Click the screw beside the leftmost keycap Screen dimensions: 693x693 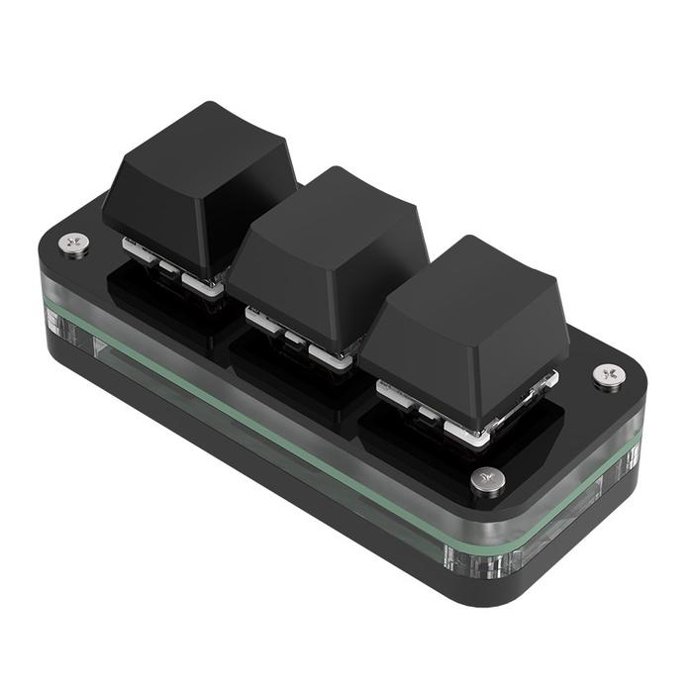point(72,243)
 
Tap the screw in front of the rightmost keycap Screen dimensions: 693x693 point(487,479)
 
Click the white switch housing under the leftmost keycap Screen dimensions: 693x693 point(203,283)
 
